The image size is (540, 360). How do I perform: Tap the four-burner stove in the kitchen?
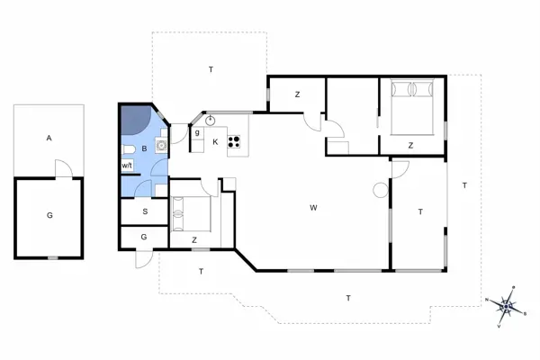tap(236, 140)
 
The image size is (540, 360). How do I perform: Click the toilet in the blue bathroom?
tap(129, 148)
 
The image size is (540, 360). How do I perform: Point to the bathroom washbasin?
tap(161, 144)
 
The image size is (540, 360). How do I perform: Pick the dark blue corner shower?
tap(136, 118)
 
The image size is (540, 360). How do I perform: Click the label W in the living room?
tap(313, 208)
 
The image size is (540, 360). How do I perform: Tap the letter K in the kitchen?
tap(215, 141)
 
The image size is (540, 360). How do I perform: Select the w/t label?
tap(127, 166)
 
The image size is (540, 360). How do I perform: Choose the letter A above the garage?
tap(49, 138)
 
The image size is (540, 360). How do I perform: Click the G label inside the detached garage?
tap(49, 216)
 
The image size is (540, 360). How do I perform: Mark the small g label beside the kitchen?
tap(196, 133)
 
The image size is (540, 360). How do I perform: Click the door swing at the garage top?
tap(60, 168)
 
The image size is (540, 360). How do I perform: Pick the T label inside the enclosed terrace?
tap(419, 211)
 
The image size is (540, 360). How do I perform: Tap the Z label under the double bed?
tap(410, 145)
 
